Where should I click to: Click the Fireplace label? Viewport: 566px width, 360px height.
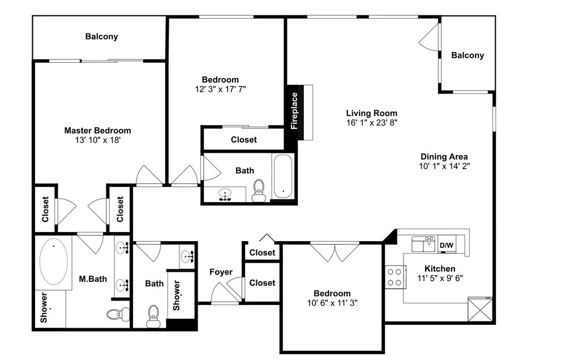pos(294,111)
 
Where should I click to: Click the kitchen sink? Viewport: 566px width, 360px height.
pos(424,244)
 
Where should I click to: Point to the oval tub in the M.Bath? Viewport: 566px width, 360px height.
pos(53,261)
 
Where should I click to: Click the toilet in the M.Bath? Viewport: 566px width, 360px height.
pos(118,314)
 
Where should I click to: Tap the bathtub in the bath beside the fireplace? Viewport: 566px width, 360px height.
pos(282,176)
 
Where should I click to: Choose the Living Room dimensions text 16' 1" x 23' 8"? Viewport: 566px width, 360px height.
pos(372,123)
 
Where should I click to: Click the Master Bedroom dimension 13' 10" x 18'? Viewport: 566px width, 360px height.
pos(97,140)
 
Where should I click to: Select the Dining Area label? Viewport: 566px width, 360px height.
pos(444,157)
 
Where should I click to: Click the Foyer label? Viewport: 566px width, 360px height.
pos(221,272)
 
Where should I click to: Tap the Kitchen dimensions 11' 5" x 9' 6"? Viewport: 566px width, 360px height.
pos(440,278)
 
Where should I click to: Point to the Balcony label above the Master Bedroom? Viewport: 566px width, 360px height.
pos(101,36)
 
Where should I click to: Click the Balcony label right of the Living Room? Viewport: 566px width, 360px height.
pos(468,55)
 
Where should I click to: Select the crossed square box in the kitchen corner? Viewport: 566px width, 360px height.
pos(480,309)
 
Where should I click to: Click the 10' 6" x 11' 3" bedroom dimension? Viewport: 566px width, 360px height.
pos(332,303)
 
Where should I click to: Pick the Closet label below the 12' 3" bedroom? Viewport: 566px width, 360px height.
pos(243,140)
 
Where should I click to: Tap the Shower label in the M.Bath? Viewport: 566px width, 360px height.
pos(44,307)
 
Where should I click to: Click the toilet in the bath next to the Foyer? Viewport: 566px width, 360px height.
pos(153,316)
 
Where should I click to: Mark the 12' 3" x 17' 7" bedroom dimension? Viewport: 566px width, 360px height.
pos(221,89)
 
